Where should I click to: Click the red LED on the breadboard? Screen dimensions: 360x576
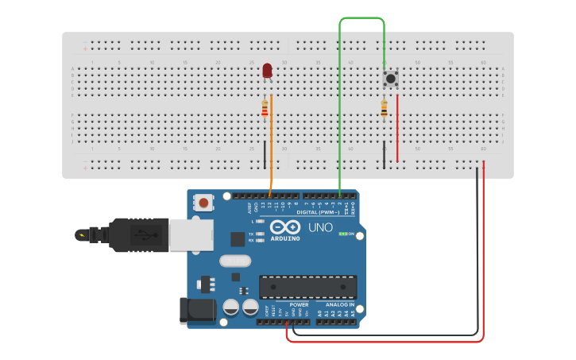click(x=267, y=71)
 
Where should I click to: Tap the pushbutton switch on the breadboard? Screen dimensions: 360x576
click(x=390, y=79)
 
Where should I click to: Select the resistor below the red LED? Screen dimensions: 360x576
click(x=265, y=109)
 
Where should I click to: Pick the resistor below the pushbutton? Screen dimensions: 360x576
click(x=384, y=109)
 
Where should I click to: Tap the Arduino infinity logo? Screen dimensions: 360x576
click(x=284, y=227)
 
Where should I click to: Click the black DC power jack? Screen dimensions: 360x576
click(x=196, y=310)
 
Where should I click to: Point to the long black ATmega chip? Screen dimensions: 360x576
click(x=307, y=287)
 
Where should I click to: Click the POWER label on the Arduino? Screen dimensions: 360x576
click(x=300, y=304)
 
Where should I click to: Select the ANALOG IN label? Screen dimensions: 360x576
click(x=340, y=304)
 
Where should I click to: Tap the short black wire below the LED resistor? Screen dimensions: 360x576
click(x=265, y=155)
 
